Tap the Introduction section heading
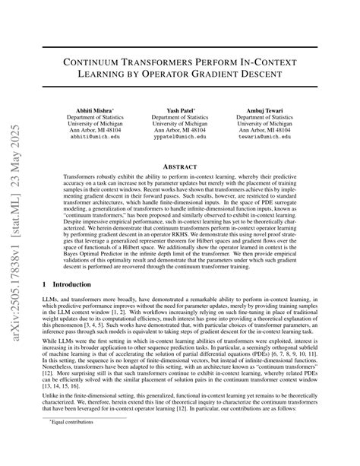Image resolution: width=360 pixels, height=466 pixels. (x=75, y=284)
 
